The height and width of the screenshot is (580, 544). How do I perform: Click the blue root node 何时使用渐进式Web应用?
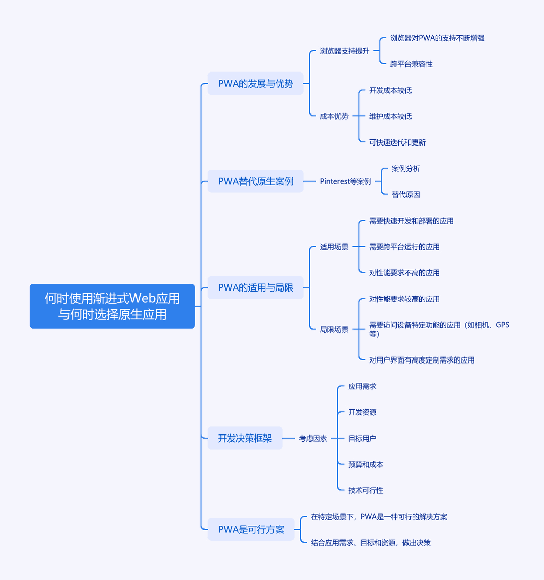coord(112,306)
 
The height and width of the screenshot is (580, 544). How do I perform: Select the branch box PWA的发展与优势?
coord(255,83)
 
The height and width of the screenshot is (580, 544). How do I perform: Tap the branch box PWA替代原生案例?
coord(255,181)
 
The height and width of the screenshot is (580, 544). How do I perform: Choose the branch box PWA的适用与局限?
coord(255,288)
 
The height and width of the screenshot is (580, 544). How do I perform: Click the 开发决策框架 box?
coord(245,438)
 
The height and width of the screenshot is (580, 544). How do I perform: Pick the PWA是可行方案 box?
coord(251,529)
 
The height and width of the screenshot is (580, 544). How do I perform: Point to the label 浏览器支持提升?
coord(345,51)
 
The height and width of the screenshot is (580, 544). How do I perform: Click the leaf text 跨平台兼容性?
coord(411,64)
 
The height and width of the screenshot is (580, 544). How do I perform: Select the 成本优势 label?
coord(334,116)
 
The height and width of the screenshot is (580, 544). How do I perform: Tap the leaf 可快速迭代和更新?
coord(397,142)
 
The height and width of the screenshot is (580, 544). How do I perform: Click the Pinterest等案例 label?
coord(345,181)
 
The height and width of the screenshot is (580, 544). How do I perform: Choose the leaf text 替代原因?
coord(405,194)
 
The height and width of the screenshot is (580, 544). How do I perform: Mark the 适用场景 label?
coord(334,247)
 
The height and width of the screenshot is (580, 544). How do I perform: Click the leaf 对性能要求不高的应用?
coord(404,273)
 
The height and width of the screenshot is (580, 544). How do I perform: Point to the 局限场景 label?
coord(334,329)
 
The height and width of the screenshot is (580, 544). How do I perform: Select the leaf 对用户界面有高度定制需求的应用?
coord(422,360)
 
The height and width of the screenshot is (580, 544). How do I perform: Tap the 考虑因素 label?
coord(313,439)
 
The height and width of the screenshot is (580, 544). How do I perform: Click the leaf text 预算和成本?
coord(365,464)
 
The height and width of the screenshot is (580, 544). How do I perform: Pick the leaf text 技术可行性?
coord(365,490)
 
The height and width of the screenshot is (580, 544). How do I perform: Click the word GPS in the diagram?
coord(502,325)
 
